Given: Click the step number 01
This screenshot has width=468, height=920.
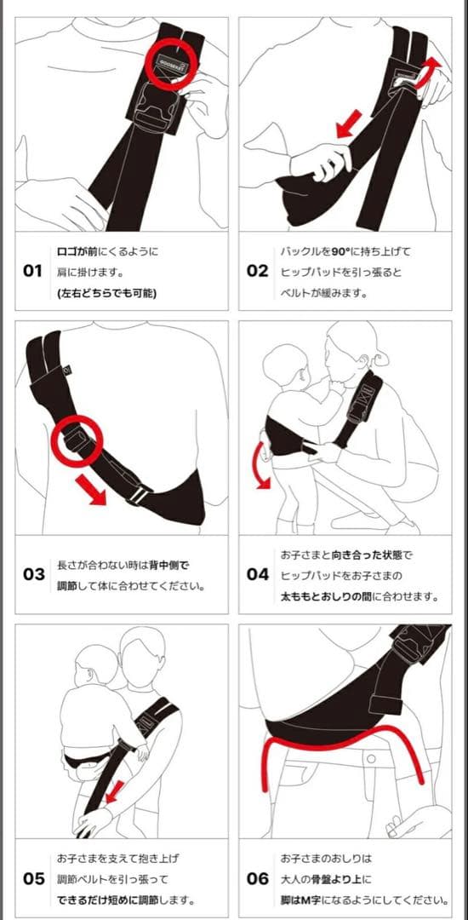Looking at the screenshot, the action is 33,271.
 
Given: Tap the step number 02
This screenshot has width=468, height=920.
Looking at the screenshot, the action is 257,271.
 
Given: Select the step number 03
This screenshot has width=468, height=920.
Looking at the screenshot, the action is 34,574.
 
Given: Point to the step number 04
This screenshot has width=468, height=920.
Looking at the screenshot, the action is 257,574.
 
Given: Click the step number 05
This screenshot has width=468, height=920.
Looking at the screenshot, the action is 34,878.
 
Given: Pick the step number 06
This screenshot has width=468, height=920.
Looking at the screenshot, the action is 257,878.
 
